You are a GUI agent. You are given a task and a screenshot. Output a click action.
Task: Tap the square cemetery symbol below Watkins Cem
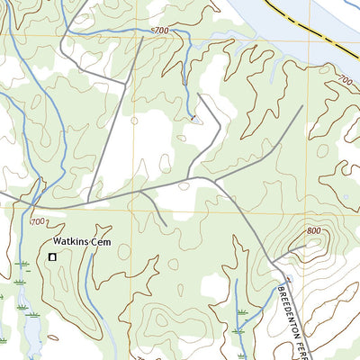[x=52, y=258]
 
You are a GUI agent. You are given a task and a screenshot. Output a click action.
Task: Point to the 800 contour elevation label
[x=313, y=230]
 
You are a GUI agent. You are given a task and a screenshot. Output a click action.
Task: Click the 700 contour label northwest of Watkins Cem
[x=38, y=221]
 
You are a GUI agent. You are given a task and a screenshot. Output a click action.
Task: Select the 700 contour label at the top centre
[x=160, y=31]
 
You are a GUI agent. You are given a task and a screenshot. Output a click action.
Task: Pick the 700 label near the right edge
[x=346, y=81]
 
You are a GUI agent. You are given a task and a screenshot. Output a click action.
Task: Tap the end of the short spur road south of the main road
[x=166, y=225]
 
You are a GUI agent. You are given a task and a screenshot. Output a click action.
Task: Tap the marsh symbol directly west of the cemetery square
[x=20, y=265]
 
